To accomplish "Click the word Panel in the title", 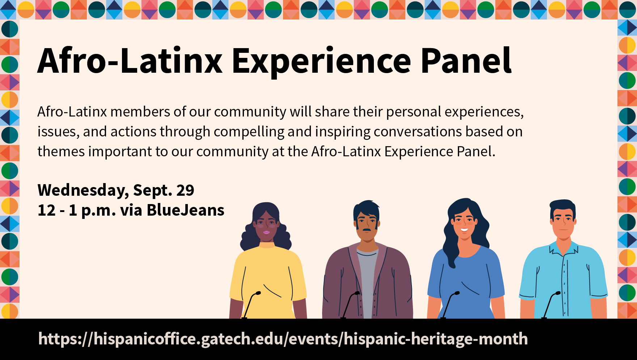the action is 466,60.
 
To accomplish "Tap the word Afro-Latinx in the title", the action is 130,60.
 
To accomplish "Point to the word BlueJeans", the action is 186,210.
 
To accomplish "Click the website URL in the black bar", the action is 283,339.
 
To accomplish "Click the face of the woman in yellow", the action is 266,226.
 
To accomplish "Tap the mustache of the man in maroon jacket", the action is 367,230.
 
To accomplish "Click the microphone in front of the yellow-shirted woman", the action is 251,305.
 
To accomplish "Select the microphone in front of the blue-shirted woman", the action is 450,305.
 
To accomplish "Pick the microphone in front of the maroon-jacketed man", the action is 350,305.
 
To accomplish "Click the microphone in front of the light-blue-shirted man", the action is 550,305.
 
